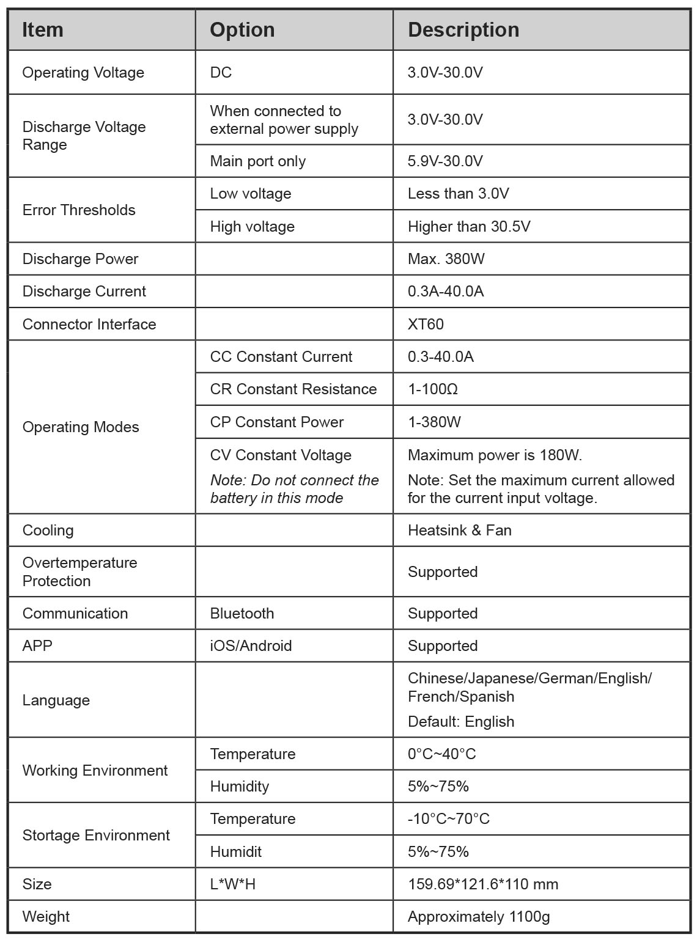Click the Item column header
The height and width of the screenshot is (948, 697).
tap(43, 30)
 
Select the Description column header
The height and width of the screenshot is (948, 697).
tap(463, 30)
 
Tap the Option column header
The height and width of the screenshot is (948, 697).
tap(242, 30)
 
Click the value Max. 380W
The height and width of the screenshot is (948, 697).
tap(446, 259)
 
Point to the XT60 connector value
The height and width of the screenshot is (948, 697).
tap(426, 324)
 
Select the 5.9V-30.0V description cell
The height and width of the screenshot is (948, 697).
tap(445, 161)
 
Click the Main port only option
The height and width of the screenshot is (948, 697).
tap(257, 161)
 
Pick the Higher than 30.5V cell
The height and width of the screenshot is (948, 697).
tap(469, 226)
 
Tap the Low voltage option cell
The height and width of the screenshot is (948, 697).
tap(250, 194)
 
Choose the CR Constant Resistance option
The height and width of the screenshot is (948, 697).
tap(293, 389)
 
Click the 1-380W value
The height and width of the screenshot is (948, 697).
tap(434, 422)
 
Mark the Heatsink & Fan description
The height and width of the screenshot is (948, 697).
tap(459, 530)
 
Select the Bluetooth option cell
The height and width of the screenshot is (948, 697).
tap(242, 613)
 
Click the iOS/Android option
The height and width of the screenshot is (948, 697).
tap(251, 645)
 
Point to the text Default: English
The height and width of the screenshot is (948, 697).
tap(460, 721)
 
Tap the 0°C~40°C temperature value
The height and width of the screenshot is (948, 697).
tap(441, 754)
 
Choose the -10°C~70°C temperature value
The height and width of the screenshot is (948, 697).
tap(448, 818)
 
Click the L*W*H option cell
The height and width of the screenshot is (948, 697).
tap(232, 884)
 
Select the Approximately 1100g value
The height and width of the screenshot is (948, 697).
tap(478, 916)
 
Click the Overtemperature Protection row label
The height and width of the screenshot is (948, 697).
tap(79, 571)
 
